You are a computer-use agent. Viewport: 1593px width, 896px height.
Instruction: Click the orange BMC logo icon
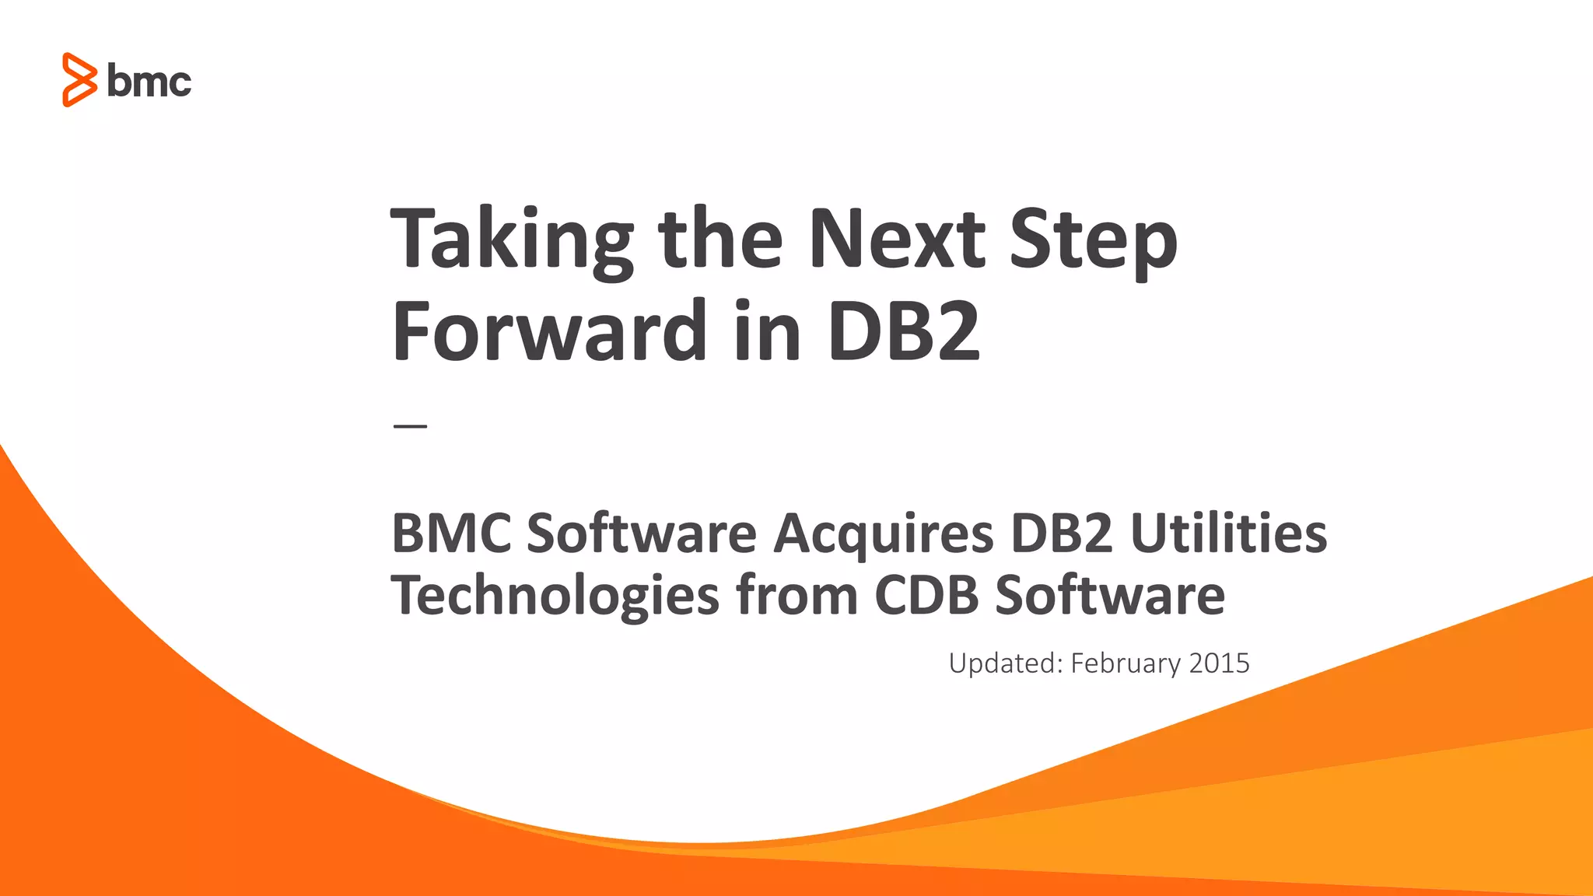(x=79, y=80)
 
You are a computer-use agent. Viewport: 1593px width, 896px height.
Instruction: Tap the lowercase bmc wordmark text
(x=149, y=82)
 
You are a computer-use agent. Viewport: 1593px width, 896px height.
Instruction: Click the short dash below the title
(x=410, y=426)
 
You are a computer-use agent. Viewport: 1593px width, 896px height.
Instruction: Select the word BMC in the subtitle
(x=451, y=534)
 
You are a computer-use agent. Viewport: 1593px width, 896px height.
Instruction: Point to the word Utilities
(x=1228, y=534)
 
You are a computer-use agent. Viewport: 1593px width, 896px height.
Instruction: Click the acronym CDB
(x=926, y=596)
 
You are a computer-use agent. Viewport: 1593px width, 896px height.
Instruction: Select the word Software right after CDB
(x=1110, y=596)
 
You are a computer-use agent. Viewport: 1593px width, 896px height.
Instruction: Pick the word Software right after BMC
(x=642, y=534)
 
